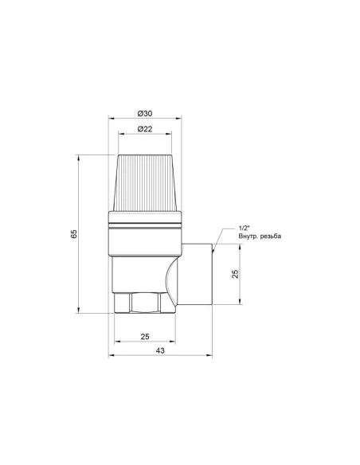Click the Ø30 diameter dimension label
(x=145, y=113)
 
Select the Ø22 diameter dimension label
(x=145, y=129)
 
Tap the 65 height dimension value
(x=74, y=233)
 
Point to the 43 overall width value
(x=160, y=350)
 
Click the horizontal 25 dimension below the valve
(x=145, y=337)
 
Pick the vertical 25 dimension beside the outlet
(x=235, y=274)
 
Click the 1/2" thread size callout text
(x=245, y=228)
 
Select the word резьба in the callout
(x=270, y=236)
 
